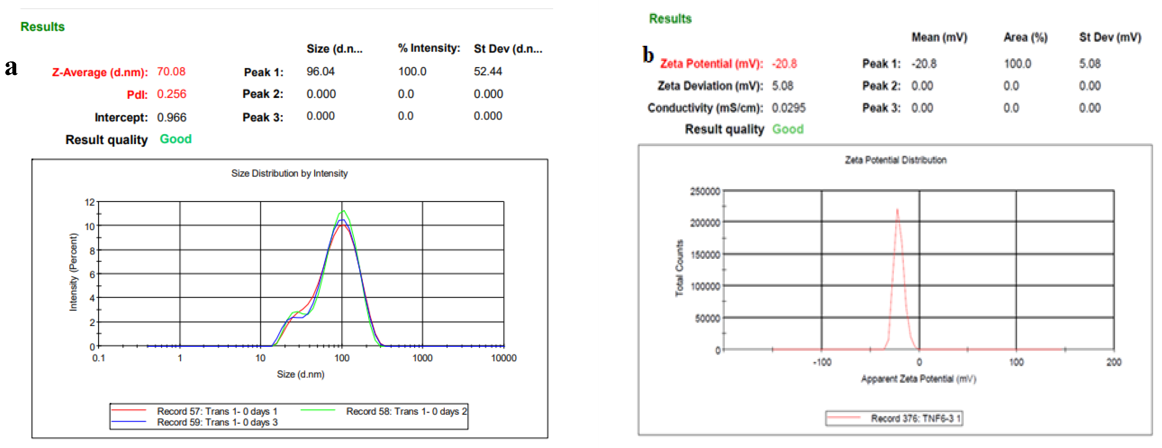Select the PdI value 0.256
172,94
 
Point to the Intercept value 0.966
172,118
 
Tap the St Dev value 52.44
487,72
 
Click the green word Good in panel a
175,139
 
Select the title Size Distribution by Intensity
289,174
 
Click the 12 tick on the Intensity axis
90,202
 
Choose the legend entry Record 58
406,411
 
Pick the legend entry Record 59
217,423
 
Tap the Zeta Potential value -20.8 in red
784,64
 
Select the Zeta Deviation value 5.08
782,86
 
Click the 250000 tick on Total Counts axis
705,192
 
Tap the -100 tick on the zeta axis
822,362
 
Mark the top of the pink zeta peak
897,209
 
